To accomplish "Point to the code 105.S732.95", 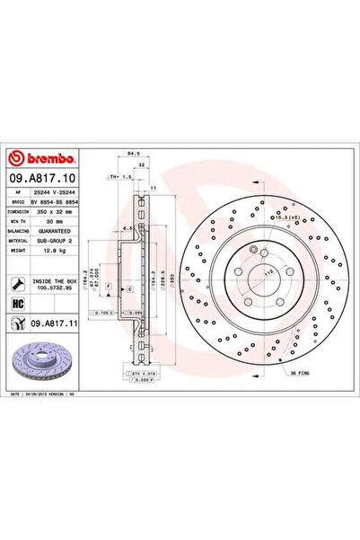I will pyautogui.click(x=56, y=288).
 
